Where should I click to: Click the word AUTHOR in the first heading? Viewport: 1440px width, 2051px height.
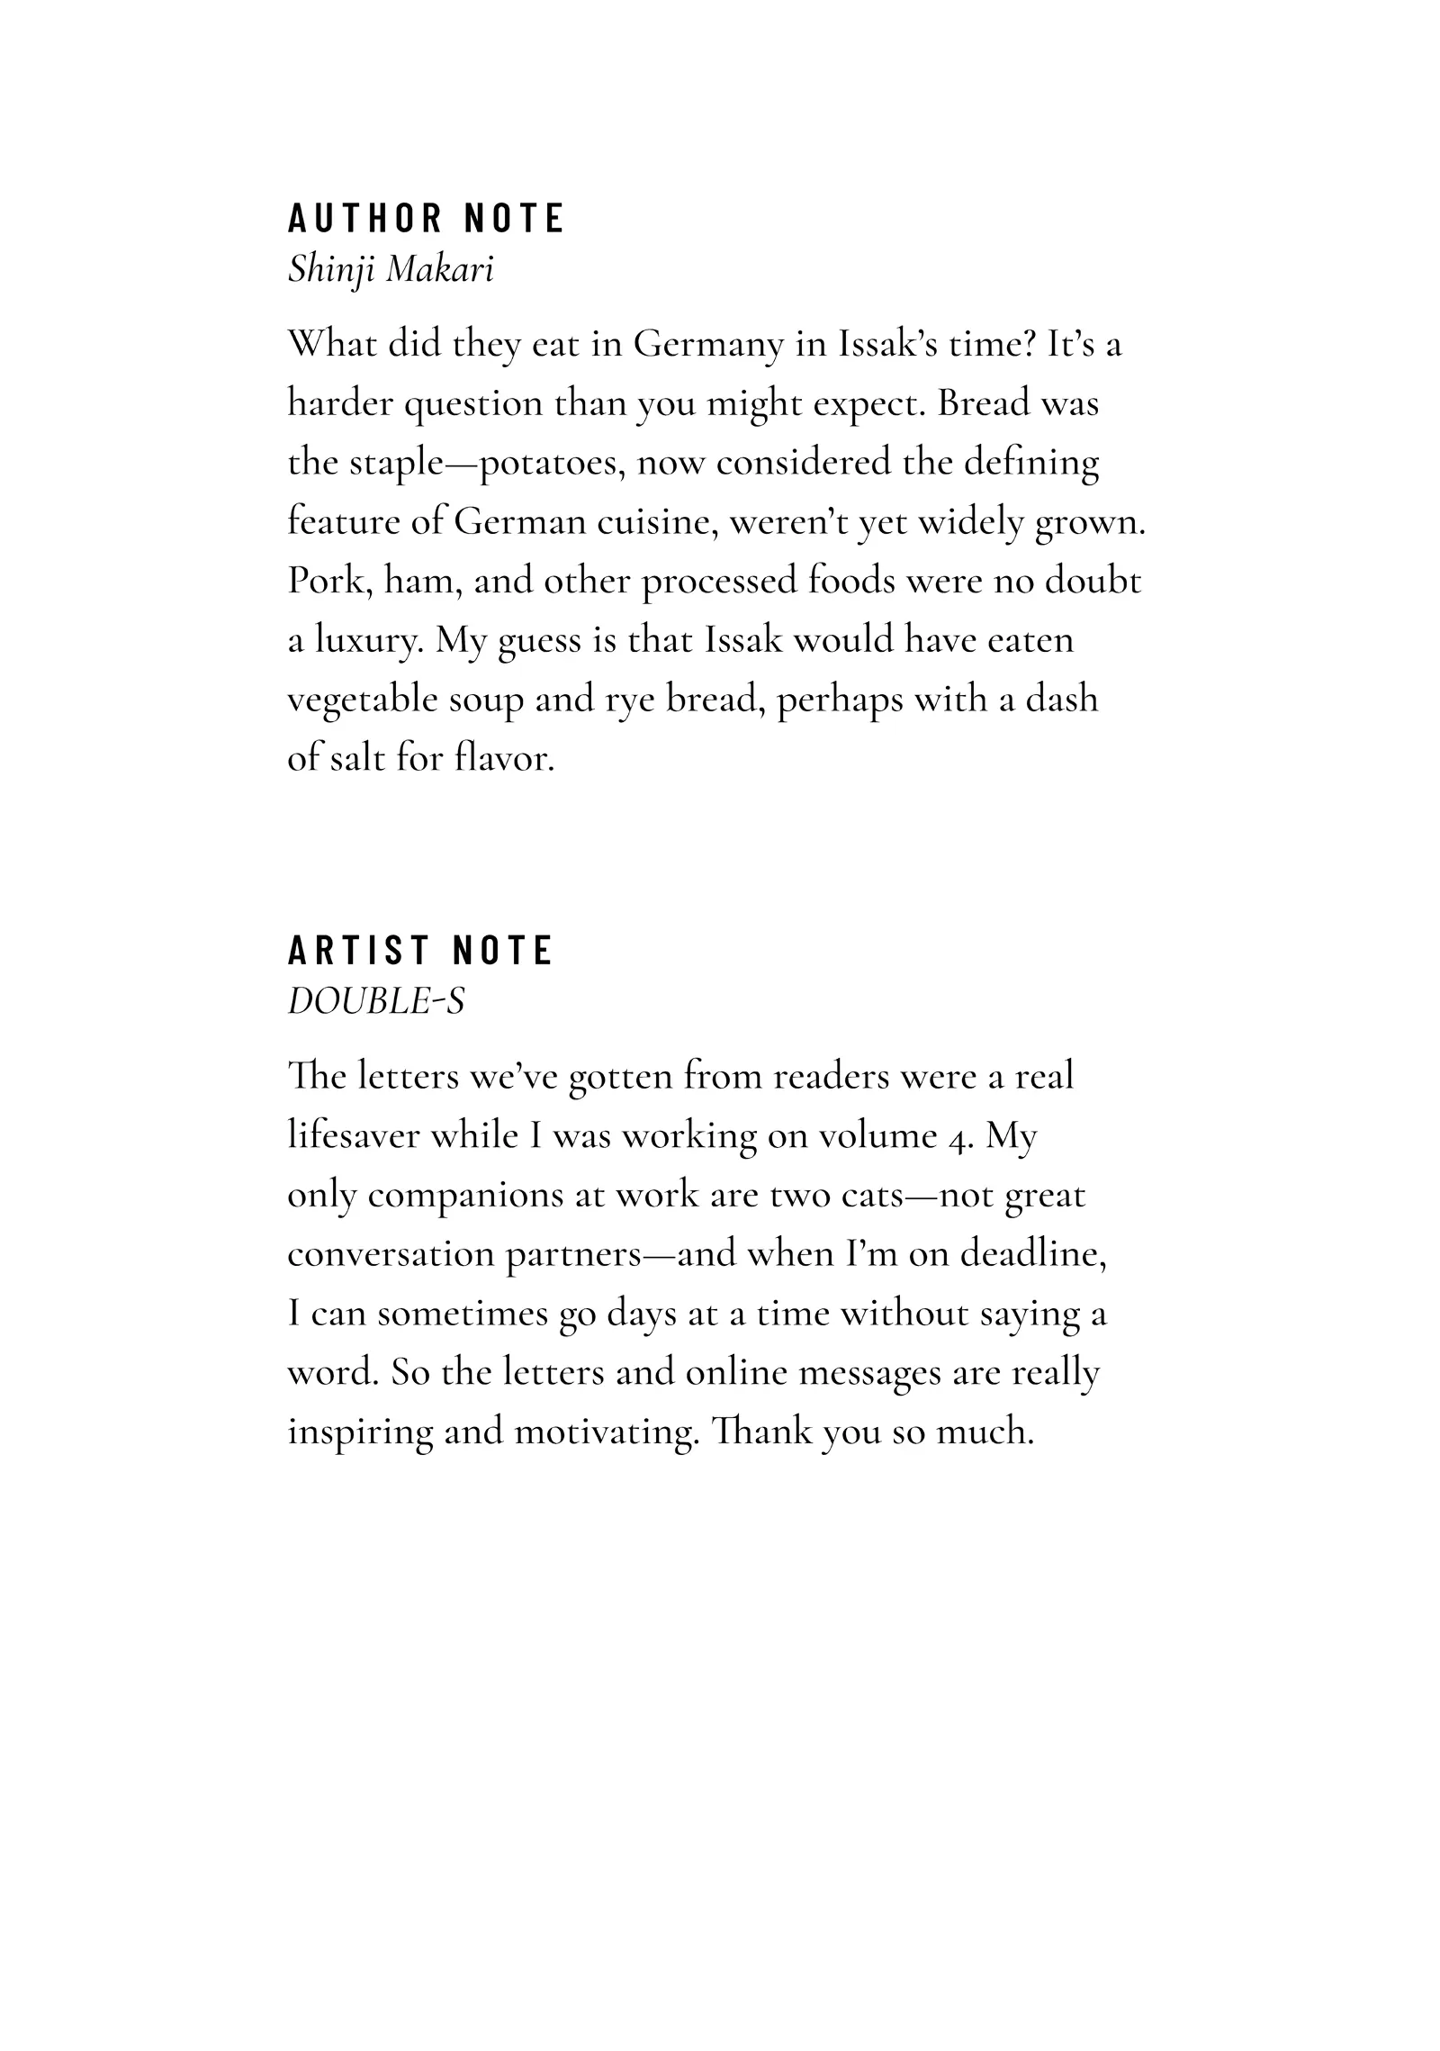pyautogui.click(x=364, y=219)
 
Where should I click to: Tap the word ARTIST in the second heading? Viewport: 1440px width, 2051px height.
pyautogui.click(x=358, y=951)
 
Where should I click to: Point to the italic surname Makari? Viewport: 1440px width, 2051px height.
pyautogui.click(x=440, y=269)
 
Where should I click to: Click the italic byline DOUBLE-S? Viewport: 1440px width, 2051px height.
pyautogui.click(x=376, y=1000)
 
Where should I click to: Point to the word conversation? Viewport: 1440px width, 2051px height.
pyautogui.click(x=391, y=1254)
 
